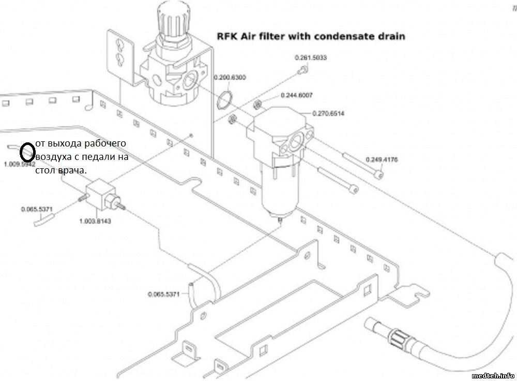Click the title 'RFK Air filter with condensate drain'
(309, 37)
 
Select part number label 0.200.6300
(230, 78)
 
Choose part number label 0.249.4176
(382, 159)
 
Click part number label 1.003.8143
(95, 221)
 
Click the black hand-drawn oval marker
(26, 153)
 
